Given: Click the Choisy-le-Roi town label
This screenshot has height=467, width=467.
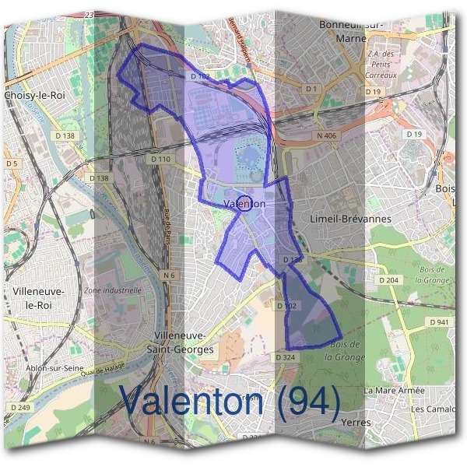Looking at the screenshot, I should (x=34, y=94).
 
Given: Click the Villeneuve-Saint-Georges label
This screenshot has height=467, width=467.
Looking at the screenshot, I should (x=181, y=342).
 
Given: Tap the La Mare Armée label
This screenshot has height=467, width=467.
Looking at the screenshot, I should (x=394, y=390).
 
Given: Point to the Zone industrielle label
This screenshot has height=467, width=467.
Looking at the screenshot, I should (x=114, y=290).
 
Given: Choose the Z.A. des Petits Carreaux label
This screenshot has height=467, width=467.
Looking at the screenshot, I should (x=381, y=65).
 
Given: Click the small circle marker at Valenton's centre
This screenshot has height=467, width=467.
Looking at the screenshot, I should (x=244, y=204).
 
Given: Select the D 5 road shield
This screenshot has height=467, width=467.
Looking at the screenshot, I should (x=12, y=163).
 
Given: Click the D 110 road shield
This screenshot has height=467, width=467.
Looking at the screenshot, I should (x=160, y=159).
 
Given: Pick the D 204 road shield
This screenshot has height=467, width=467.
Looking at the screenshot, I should (x=388, y=280).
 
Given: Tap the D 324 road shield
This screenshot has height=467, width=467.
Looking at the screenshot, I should (x=285, y=356).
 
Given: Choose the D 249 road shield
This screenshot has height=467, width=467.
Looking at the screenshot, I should (x=21, y=407).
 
